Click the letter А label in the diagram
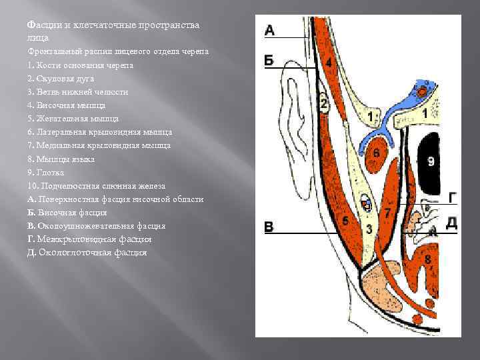(x=269, y=29)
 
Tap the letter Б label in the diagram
(x=269, y=60)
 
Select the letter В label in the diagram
(x=269, y=227)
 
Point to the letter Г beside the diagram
(x=453, y=197)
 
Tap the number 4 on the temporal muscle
(x=329, y=62)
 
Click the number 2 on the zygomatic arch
(x=323, y=103)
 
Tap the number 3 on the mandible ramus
(x=369, y=229)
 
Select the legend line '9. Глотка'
(x=46, y=173)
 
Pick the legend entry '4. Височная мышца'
(x=66, y=105)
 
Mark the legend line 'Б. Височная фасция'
(x=67, y=213)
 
